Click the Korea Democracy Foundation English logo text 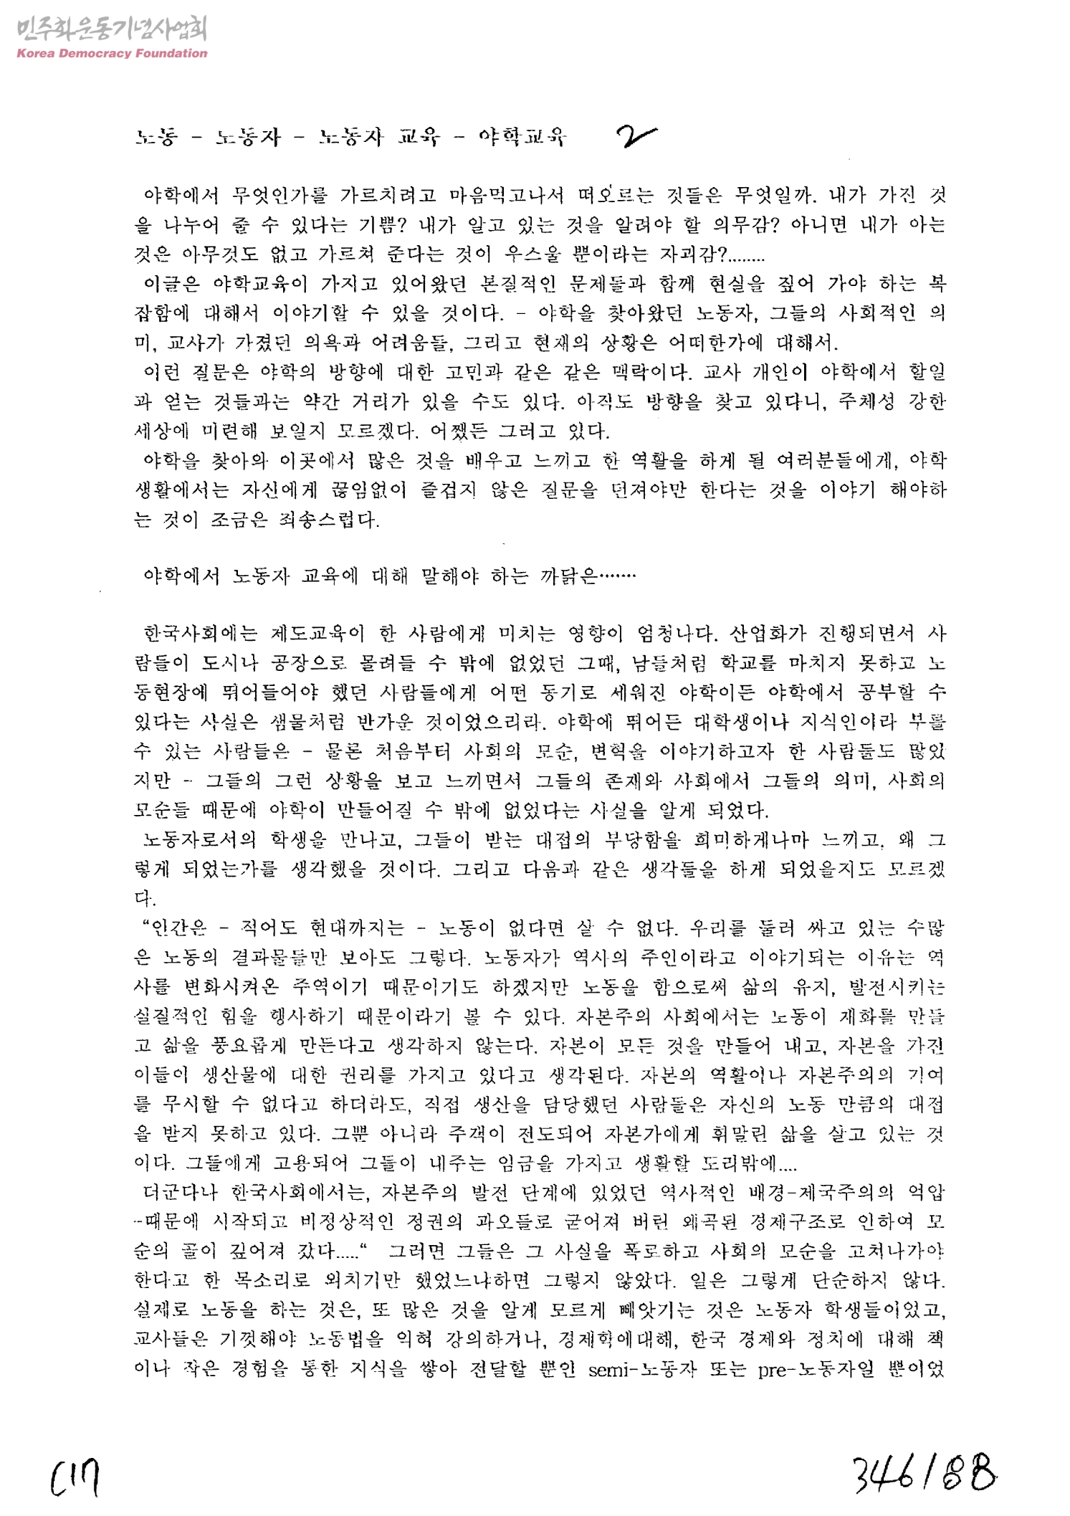click(x=111, y=53)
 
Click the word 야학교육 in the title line click(x=522, y=136)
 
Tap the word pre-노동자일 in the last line click(x=816, y=1370)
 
